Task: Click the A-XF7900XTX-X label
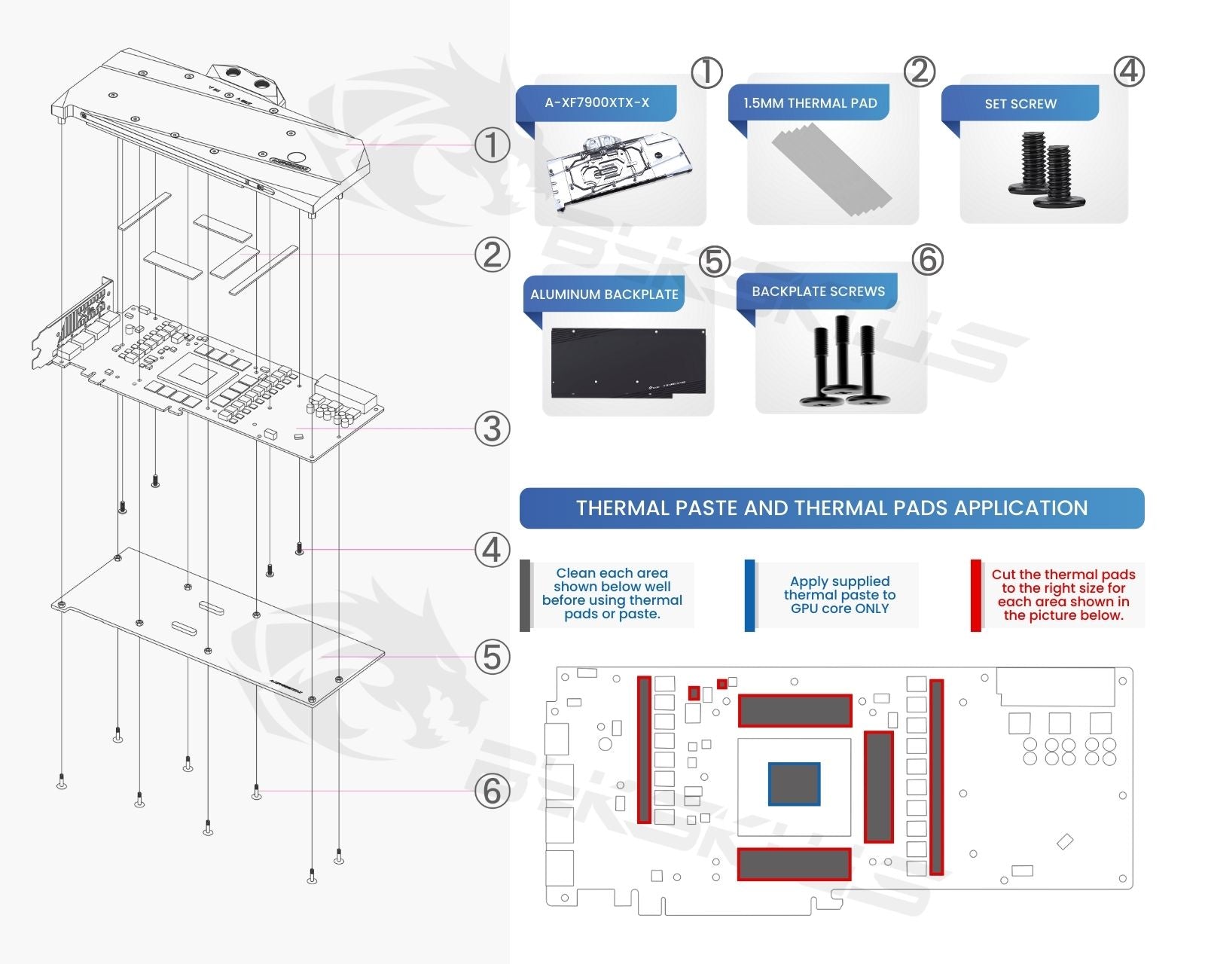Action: [x=596, y=102]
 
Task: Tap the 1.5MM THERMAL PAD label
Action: [x=810, y=103]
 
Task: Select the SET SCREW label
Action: [x=1020, y=104]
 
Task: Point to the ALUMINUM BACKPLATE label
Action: [x=604, y=294]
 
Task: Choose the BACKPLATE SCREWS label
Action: [x=818, y=291]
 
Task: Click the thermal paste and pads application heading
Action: [x=831, y=508]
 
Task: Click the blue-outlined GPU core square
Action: [x=794, y=783]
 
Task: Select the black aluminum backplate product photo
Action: [x=628, y=363]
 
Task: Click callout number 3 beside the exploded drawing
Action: [x=492, y=429]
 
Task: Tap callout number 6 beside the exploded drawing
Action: [x=492, y=791]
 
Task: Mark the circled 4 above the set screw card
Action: [x=1128, y=72]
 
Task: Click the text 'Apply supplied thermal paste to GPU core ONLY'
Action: [x=839, y=595]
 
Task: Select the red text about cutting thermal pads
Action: [x=1063, y=595]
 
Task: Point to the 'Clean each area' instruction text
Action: [x=612, y=593]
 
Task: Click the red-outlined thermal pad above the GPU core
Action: [x=795, y=710]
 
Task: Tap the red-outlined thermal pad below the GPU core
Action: [x=795, y=864]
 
